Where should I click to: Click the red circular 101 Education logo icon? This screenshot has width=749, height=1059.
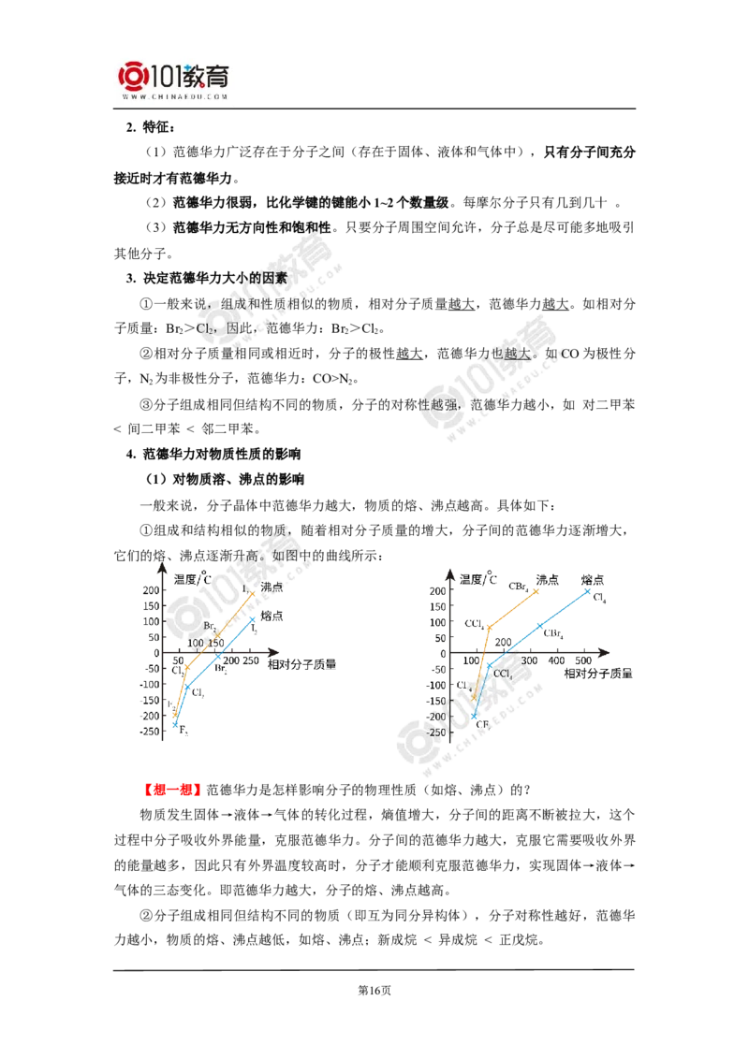(133, 77)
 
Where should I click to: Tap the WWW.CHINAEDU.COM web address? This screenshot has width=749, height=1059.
(174, 96)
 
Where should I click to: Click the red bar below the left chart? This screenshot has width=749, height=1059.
(172, 790)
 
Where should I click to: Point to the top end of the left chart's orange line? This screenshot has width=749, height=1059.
(254, 592)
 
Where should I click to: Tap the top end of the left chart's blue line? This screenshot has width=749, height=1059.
(254, 617)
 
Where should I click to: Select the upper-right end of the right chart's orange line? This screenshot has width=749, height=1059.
(538, 589)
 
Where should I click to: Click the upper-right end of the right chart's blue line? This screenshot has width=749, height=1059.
(590, 588)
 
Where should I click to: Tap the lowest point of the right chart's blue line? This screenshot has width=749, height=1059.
(473, 718)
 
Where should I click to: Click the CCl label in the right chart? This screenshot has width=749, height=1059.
(502, 674)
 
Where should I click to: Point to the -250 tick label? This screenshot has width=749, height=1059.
(436, 733)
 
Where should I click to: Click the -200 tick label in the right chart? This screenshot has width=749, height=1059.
(437, 716)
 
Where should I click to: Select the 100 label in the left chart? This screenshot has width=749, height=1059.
(195, 643)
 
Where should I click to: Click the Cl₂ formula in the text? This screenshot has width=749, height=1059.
(206, 329)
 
